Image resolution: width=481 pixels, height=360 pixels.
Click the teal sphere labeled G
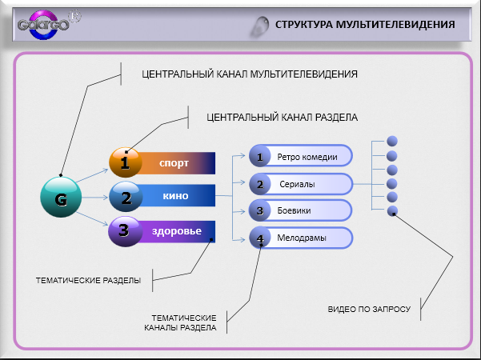tap(61, 197)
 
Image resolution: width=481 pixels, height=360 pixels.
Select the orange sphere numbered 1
tap(126, 162)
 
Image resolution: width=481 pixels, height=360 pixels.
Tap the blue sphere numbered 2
tap(126, 197)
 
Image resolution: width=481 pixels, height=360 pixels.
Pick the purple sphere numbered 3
tap(125, 231)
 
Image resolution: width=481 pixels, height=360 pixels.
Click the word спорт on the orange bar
tap(174, 163)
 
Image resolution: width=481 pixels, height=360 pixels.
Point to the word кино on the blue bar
tap(175, 196)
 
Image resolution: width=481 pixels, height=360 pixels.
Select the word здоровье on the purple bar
tap(177, 230)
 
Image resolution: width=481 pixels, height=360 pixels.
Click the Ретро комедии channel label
tap(307, 157)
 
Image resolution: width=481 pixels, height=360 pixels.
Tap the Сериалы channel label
tap(297, 184)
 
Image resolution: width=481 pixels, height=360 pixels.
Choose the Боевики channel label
tap(294, 210)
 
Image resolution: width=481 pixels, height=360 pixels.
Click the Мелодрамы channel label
tap(302, 238)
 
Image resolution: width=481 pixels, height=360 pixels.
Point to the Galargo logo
tap(46, 25)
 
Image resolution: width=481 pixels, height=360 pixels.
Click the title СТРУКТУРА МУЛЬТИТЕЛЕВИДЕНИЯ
tap(365, 25)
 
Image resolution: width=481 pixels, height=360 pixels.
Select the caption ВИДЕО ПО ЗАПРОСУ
tap(369, 309)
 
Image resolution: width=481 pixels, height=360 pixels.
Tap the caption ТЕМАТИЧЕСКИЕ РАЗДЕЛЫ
tap(88, 280)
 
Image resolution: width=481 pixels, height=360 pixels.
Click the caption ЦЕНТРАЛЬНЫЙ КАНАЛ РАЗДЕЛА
tap(282, 118)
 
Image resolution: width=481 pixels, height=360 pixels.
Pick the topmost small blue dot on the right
tap(392, 141)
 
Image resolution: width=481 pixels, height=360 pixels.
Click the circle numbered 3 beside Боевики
tap(259, 210)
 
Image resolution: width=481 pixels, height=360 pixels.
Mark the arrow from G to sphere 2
tap(94, 197)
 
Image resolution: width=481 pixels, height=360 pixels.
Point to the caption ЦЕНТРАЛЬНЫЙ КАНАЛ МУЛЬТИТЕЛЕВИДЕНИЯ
tap(250, 74)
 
